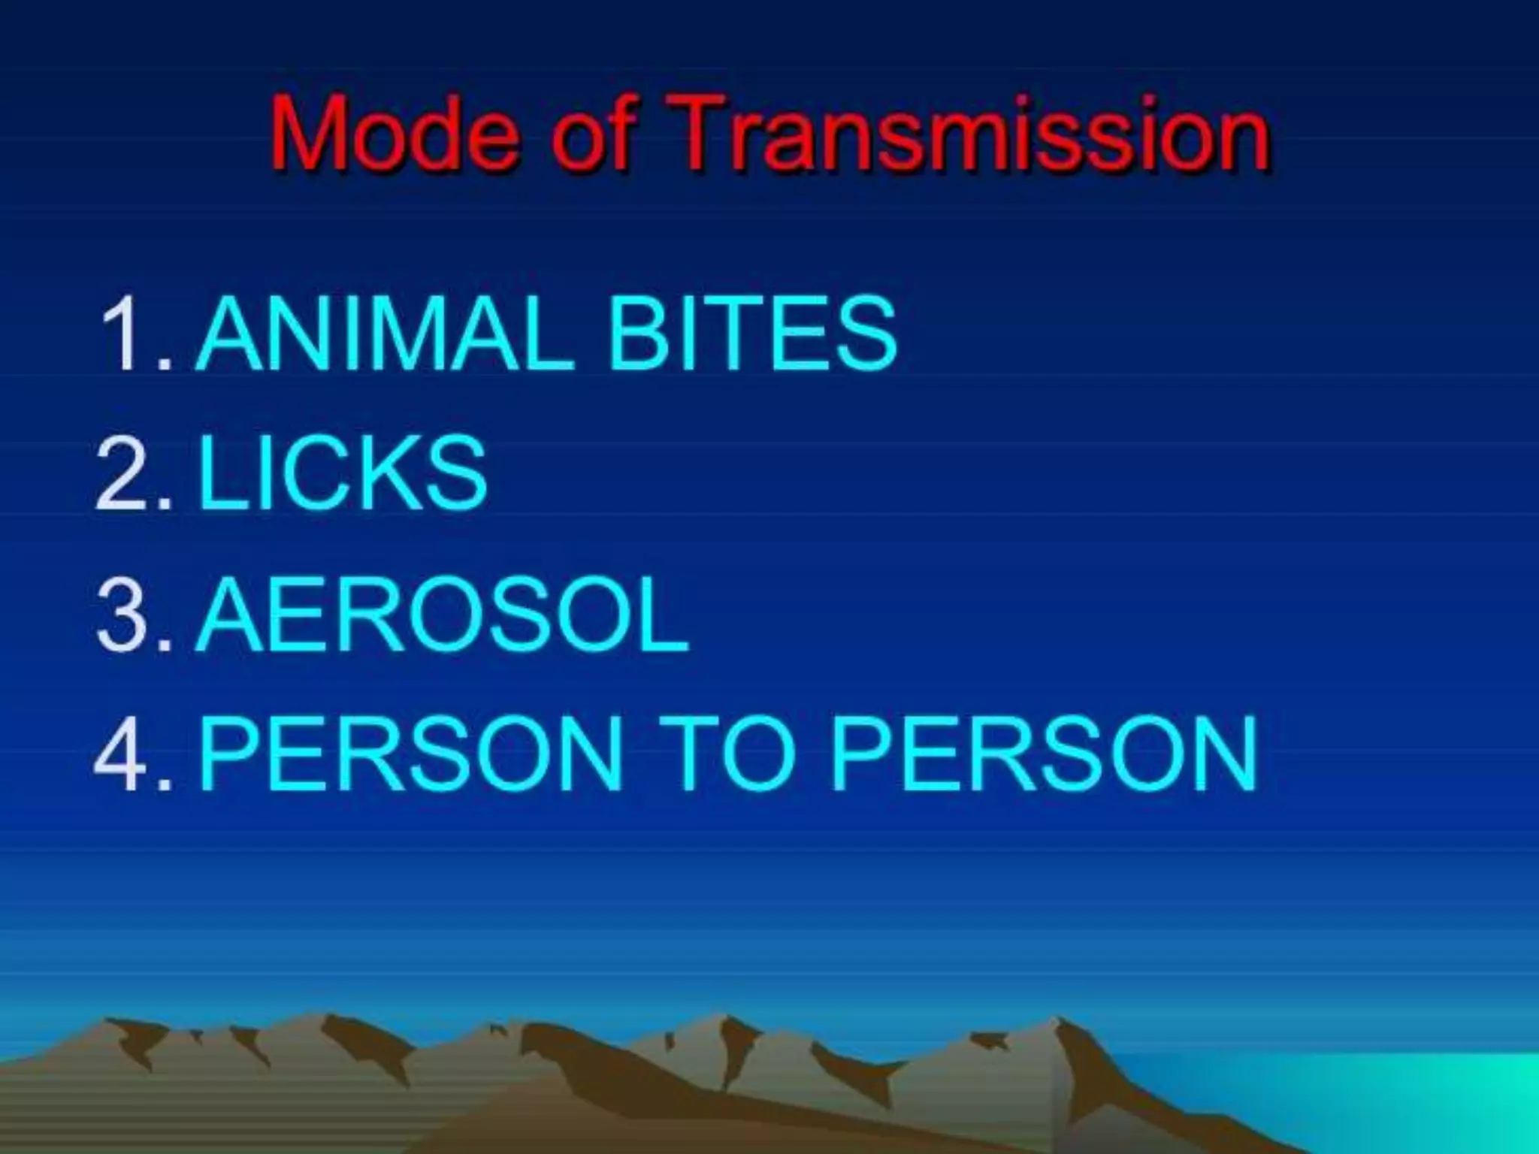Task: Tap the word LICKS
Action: [x=343, y=475]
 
